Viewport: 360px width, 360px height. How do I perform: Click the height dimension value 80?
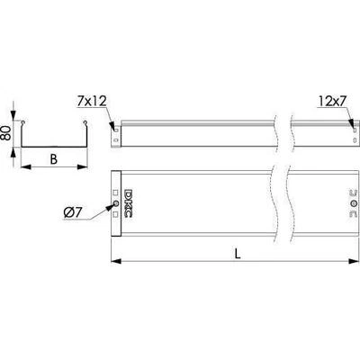[x=7, y=133]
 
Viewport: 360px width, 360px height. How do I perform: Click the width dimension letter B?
[x=53, y=159]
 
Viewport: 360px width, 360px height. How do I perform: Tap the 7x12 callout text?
[x=92, y=102]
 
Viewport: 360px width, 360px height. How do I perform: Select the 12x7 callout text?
[x=333, y=102]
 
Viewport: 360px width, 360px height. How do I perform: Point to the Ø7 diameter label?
[x=72, y=212]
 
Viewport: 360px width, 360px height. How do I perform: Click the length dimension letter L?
[x=238, y=255]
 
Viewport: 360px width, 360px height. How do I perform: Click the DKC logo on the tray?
[x=128, y=203]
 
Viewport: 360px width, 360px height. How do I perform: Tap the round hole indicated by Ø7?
[x=116, y=204]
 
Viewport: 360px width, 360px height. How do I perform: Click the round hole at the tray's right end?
[x=354, y=203]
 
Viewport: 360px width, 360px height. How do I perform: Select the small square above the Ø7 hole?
[x=116, y=193]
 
